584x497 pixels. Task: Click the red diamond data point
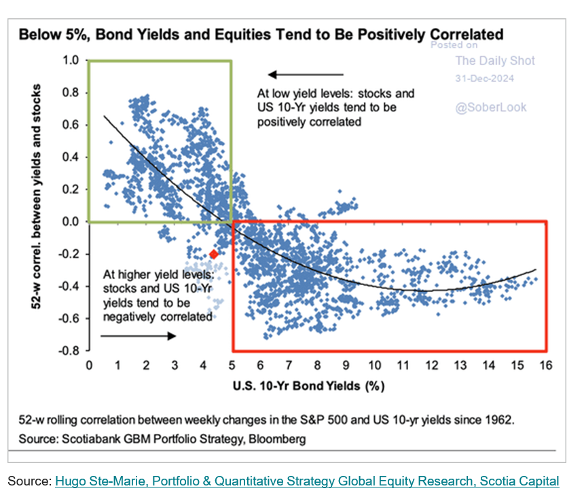214,254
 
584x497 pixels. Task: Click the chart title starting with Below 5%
261,34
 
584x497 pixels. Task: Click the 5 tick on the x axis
232,365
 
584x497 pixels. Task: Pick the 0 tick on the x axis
90,365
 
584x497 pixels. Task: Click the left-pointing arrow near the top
305,75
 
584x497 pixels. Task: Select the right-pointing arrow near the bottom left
139,335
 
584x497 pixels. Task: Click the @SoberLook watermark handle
491,107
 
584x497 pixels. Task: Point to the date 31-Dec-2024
485,79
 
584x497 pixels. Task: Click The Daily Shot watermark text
494,61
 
